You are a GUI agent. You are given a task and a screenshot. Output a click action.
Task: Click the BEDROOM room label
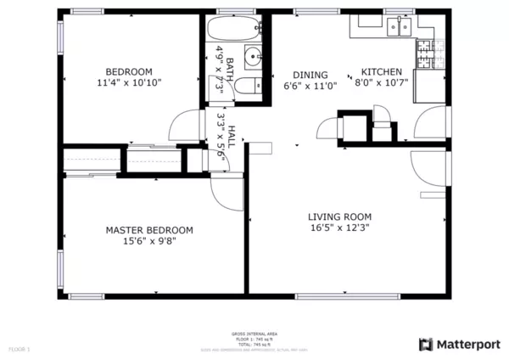tap(128, 71)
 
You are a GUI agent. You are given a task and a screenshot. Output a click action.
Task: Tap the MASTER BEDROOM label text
tap(148, 230)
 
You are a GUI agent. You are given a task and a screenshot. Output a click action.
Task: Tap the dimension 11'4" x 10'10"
tap(128, 83)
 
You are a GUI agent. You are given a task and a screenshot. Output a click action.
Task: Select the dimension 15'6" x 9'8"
tap(148, 241)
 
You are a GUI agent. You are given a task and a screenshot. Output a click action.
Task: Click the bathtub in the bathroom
tap(231, 27)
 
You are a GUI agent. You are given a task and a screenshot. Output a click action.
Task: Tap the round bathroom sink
tap(253, 58)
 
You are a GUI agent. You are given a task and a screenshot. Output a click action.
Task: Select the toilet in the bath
tap(249, 86)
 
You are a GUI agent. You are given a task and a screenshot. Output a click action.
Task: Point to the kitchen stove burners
tap(424, 54)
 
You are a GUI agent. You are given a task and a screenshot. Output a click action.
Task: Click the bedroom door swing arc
tap(184, 127)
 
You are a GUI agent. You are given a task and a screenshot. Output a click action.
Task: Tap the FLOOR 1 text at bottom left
tap(19, 348)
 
